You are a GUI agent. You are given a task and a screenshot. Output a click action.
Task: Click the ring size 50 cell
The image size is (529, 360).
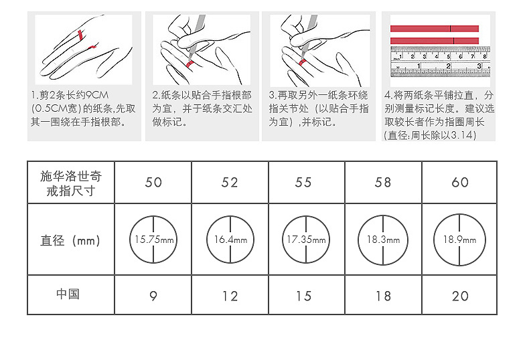coord(153,183)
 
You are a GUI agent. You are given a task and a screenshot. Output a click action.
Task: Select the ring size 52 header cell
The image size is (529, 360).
coord(230,183)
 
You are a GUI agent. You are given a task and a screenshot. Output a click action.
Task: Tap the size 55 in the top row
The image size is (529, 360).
coord(303,183)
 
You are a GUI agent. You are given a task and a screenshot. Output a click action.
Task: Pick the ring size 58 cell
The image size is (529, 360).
coord(383,183)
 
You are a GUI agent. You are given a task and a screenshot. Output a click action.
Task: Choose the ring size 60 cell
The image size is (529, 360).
coord(459,183)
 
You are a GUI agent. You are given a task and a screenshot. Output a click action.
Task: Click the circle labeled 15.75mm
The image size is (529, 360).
coord(130,240)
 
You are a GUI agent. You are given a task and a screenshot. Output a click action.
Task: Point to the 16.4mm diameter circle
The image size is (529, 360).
coord(206,240)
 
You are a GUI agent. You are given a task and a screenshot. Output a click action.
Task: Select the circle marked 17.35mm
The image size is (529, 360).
coord(283,240)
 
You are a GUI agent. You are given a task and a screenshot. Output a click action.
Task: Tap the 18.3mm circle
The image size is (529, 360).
coord(358,240)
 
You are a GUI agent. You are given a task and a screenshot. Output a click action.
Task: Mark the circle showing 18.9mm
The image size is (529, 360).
coord(433,240)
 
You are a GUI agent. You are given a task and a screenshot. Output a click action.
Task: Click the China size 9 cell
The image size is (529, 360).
coord(153,296)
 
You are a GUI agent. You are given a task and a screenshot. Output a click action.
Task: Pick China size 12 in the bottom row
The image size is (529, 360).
coord(230,296)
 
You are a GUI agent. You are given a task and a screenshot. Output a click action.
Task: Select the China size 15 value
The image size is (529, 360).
coord(303,296)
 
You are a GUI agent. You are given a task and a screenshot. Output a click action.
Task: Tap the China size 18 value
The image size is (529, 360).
coord(383,296)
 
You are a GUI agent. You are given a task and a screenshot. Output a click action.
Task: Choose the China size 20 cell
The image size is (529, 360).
coord(459,296)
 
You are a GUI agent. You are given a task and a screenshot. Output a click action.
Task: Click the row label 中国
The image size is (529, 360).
coord(68,294)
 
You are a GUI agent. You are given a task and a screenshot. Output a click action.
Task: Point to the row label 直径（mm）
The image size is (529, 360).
coord(70,241)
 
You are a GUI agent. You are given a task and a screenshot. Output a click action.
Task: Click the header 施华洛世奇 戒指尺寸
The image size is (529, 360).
coord(70,183)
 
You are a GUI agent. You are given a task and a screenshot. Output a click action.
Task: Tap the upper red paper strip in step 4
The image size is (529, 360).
coord(435,29)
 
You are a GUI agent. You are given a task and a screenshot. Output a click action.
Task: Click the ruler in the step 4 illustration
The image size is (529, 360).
coord(440,62)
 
